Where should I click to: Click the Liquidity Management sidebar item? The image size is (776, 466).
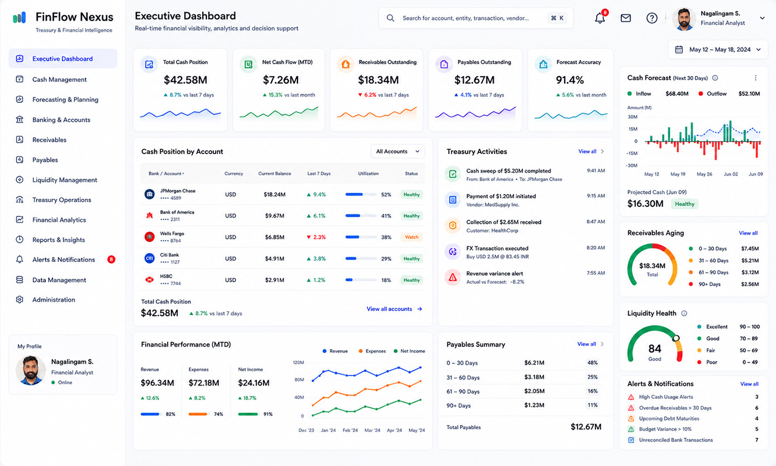(x=65, y=180)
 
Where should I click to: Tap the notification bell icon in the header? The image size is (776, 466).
(x=600, y=18)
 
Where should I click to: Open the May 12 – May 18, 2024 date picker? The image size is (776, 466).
(x=718, y=50)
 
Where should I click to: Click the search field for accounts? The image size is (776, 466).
(x=476, y=18)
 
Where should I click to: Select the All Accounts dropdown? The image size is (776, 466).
(x=398, y=151)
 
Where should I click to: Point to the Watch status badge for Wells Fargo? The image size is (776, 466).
(x=412, y=237)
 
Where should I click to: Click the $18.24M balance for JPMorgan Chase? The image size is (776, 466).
(x=274, y=194)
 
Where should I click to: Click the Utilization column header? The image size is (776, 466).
(x=368, y=173)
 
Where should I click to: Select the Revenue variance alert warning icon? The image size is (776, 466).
(x=453, y=277)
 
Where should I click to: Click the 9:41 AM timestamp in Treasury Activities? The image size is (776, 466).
(x=595, y=171)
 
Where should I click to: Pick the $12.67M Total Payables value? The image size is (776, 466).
(x=586, y=427)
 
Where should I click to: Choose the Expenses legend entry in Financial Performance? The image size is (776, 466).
(x=372, y=351)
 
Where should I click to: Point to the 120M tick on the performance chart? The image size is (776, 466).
(x=299, y=363)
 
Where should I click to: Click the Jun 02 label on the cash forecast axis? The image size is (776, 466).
(x=731, y=174)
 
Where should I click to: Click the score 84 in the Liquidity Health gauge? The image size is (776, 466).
(x=655, y=349)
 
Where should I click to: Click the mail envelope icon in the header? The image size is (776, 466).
(x=626, y=18)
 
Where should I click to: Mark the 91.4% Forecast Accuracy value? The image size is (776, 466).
(x=570, y=80)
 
